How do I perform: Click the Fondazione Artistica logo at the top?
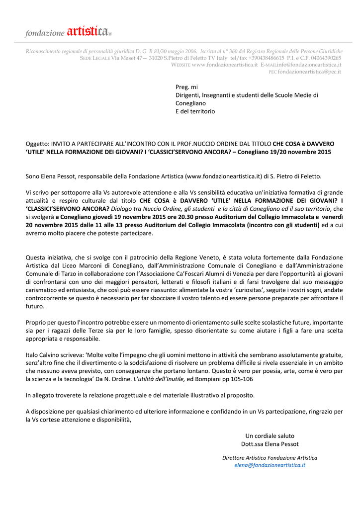(x=69, y=32)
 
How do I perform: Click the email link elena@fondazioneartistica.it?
(x=270, y=465)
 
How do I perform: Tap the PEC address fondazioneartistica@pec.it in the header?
(x=309, y=72)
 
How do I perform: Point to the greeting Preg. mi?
(x=186, y=86)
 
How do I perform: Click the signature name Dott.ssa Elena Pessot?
(x=270, y=444)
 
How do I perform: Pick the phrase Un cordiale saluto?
(x=270, y=435)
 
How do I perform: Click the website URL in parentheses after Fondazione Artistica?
(x=223, y=175)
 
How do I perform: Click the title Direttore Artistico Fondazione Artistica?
(x=270, y=457)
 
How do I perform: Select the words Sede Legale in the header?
(x=95, y=58)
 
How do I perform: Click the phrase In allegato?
(x=42, y=395)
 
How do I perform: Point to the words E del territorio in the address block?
(x=195, y=111)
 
